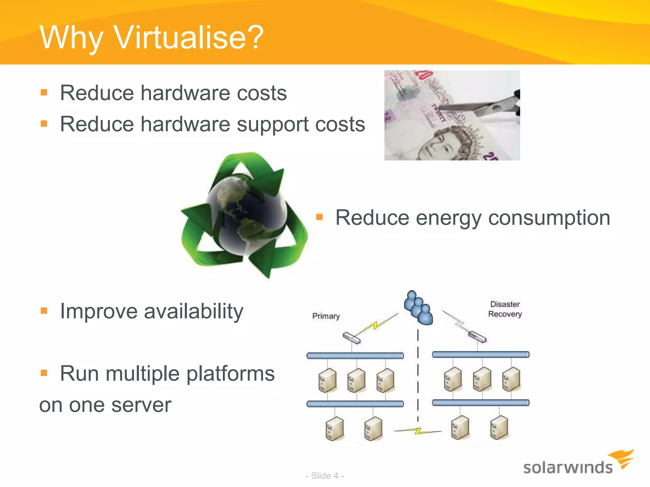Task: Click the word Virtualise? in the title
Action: pos(189,37)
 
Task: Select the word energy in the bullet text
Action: pos(448,218)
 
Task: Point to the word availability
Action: pos(194,311)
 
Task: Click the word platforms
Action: pos(230,373)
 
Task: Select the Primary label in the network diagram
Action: pos(326,316)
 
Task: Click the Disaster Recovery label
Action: pos(505,309)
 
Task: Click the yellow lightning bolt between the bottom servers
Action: pos(418,431)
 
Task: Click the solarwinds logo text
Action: pos(567,468)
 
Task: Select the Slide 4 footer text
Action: pos(325,476)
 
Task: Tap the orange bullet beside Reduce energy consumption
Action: pos(319,217)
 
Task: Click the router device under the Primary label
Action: pos(352,338)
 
